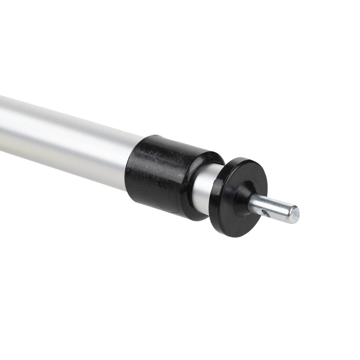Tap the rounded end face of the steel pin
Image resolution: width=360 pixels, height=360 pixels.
pos(294,214)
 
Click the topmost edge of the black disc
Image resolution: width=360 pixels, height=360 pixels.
pos(247,158)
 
